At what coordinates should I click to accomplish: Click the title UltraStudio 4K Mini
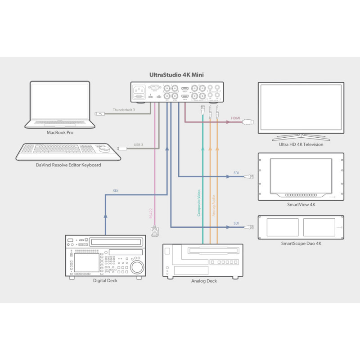point(178,75)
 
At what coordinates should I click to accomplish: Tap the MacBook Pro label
point(60,133)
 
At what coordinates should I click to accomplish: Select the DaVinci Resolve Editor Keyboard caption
point(68,165)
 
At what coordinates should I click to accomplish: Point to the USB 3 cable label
point(138,145)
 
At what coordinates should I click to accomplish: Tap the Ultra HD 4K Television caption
point(301,144)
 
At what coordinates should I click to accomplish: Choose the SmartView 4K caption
point(301,205)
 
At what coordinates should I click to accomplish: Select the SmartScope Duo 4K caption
point(301,243)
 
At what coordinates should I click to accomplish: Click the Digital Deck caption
point(106,281)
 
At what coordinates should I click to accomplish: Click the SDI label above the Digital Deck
point(116,191)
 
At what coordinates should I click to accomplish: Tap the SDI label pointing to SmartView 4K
point(236,173)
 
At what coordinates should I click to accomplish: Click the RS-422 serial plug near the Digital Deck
point(154,230)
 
